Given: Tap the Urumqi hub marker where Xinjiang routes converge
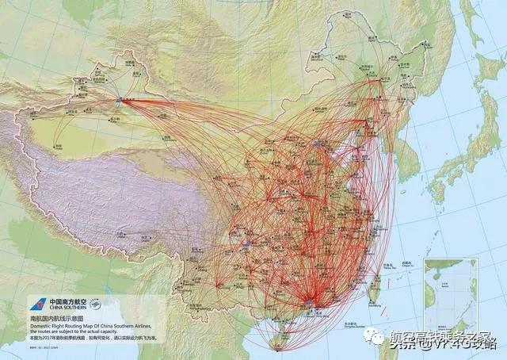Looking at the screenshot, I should (119, 101).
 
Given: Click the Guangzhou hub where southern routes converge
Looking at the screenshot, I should (308, 301).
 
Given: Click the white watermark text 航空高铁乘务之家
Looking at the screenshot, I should (440, 336).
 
